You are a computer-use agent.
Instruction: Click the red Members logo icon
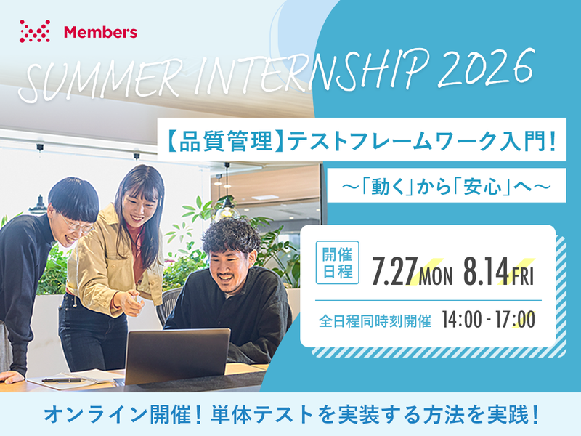coord(35,31)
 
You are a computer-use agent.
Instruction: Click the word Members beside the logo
coord(100,32)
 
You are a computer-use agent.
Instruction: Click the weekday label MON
coord(436,275)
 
